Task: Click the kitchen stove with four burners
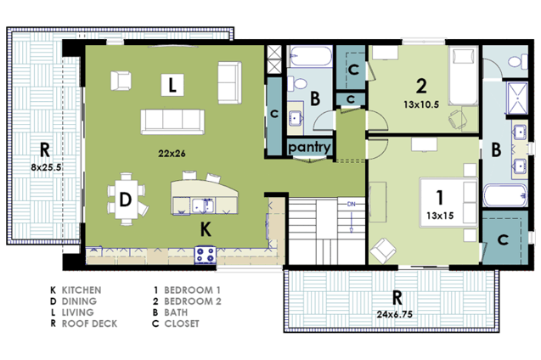(x=206, y=255)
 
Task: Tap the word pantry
(x=309, y=147)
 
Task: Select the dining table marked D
(x=126, y=200)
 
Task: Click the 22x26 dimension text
(x=172, y=154)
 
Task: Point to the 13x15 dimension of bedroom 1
(x=440, y=216)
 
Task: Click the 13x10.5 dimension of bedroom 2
(x=421, y=104)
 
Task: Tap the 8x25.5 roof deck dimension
(x=46, y=167)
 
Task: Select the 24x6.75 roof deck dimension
(x=394, y=314)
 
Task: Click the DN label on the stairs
(x=352, y=204)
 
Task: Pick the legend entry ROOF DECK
(x=89, y=323)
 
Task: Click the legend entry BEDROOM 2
(x=193, y=301)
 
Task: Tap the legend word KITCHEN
(x=82, y=290)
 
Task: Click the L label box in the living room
(x=172, y=85)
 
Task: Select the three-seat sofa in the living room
(x=172, y=121)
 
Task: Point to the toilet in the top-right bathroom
(x=518, y=62)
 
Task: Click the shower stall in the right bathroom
(x=517, y=98)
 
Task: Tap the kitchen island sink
(x=202, y=205)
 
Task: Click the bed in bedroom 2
(x=464, y=76)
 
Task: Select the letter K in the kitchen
(x=206, y=229)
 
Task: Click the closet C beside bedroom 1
(x=503, y=239)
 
